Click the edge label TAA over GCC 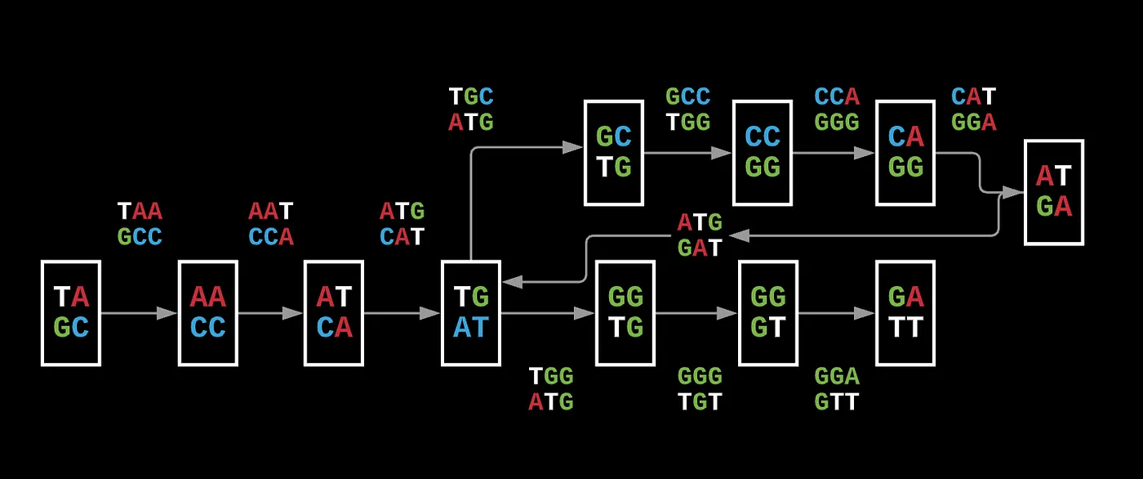coord(140,224)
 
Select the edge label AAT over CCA coord(271,224)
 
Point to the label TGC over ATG coord(471,110)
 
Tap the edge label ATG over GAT coord(700,235)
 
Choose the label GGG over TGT coord(700,389)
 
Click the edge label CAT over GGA coord(973,110)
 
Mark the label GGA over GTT coord(837,389)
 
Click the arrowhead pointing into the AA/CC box coord(167,313)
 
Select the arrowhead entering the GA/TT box coord(864,313)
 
